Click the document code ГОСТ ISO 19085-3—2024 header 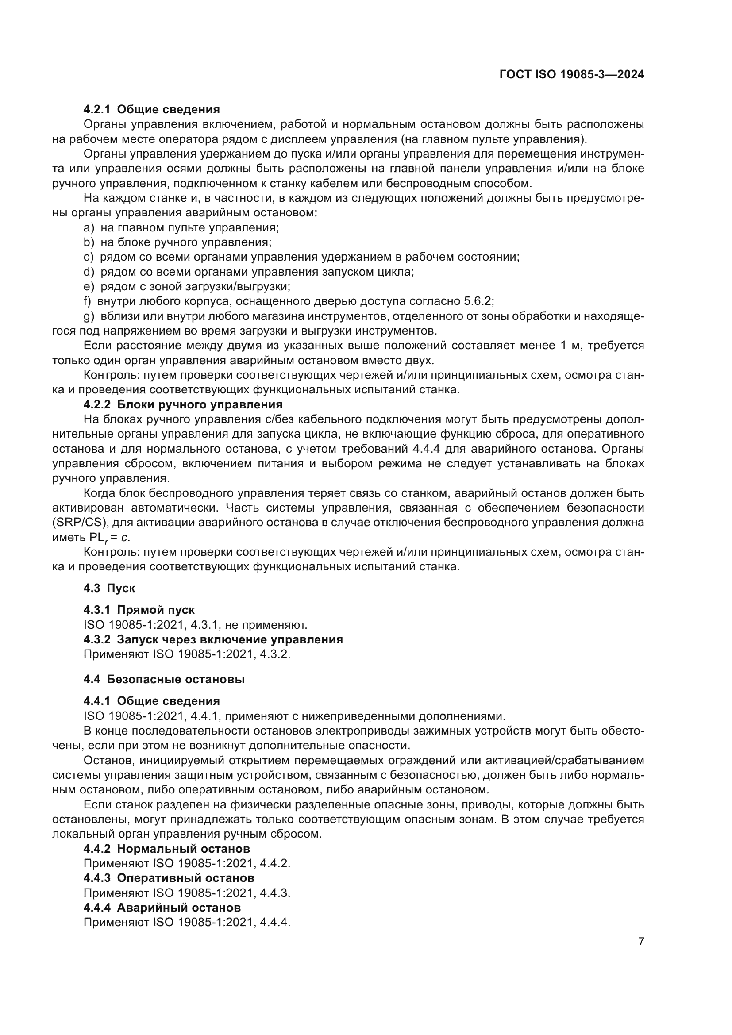pos(571,75)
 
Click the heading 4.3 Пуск pos(109,588)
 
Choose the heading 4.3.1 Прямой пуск pos(139,610)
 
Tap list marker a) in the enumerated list pos(89,227)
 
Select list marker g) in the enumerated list pos(89,316)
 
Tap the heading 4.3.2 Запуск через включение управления pos(213,640)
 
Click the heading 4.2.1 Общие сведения pos(151,110)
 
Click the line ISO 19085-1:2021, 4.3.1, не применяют pos(195,625)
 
